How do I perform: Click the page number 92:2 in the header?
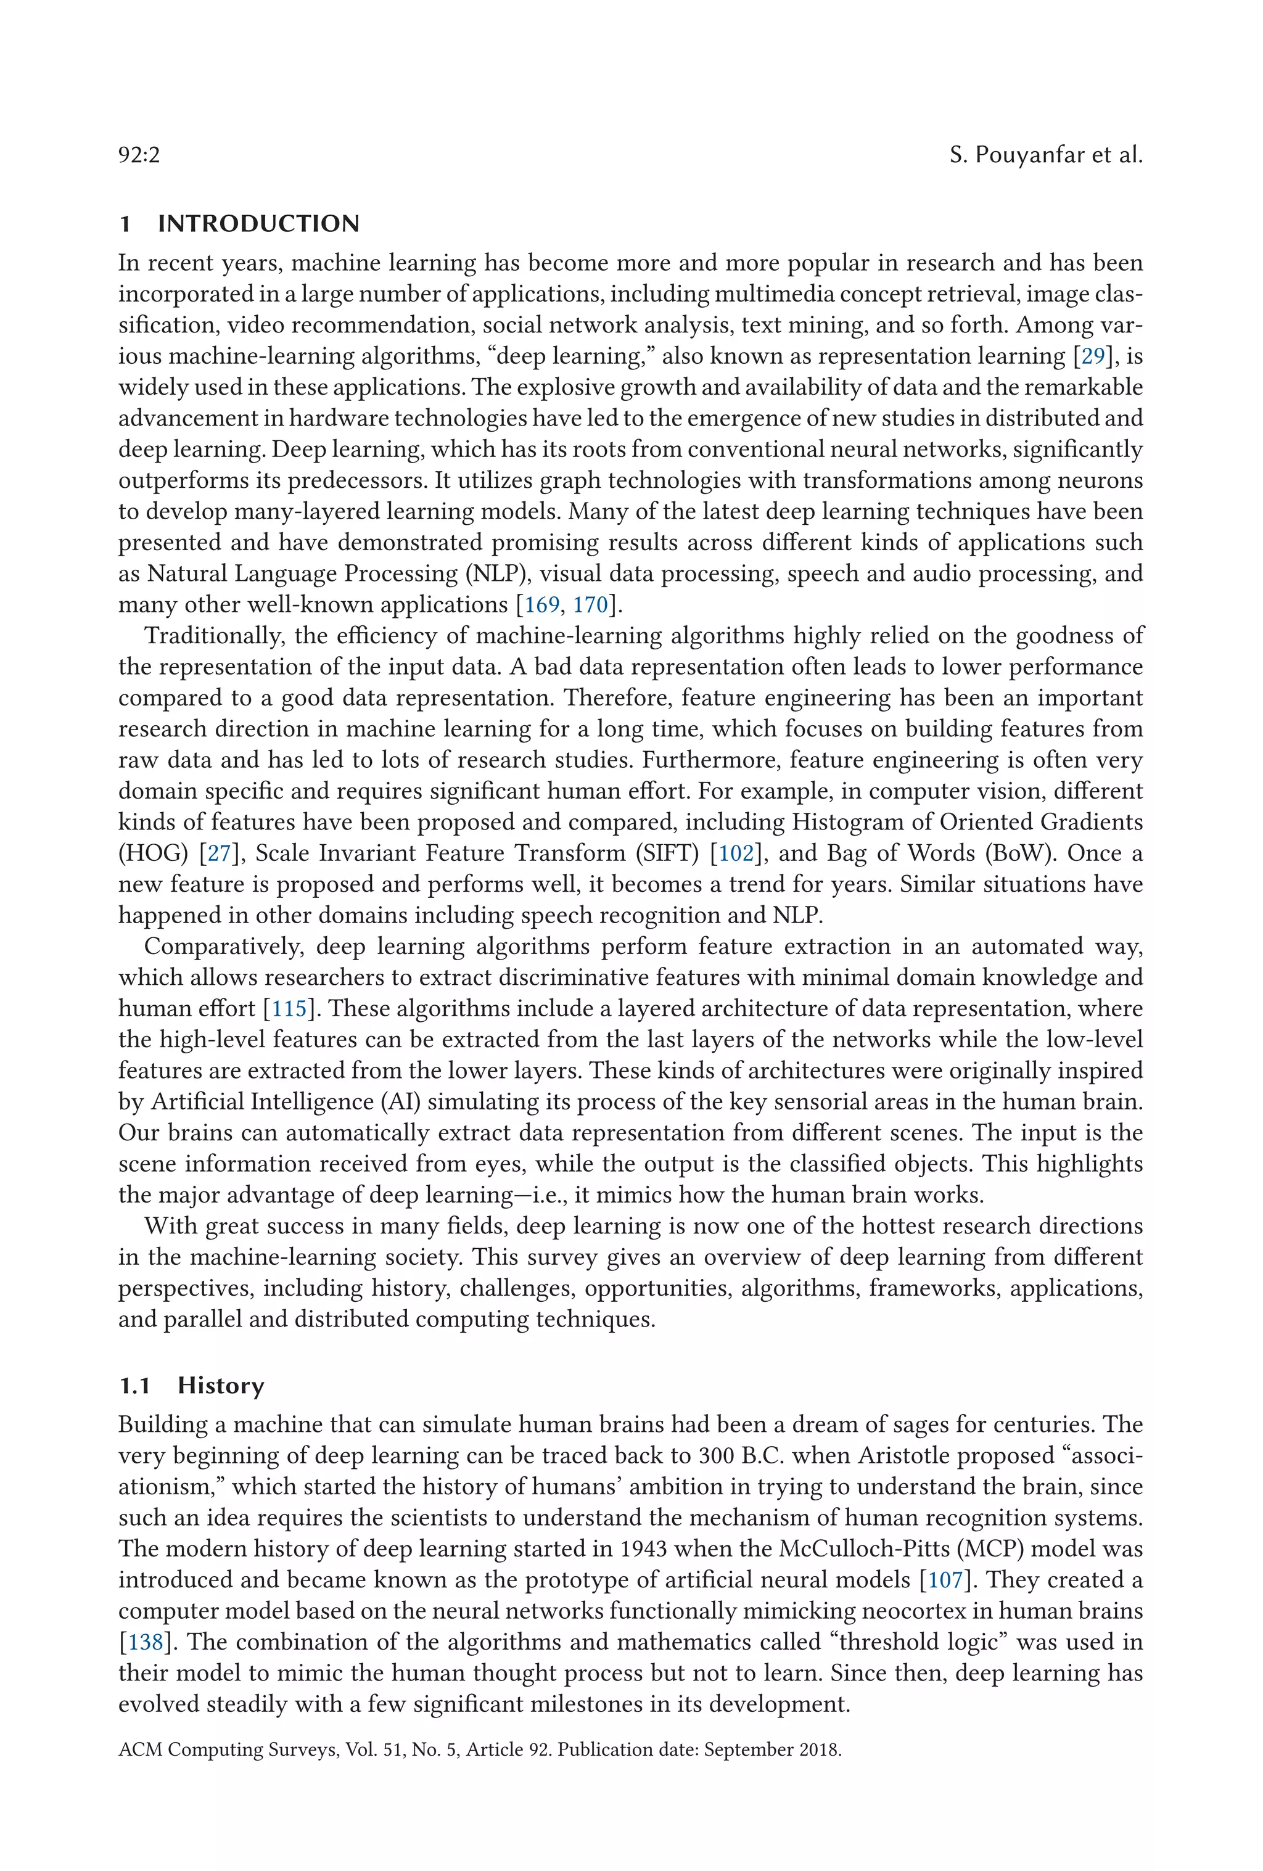pos(139,155)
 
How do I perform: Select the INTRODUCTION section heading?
pos(258,223)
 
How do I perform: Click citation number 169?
pos(541,604)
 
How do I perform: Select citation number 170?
pos(590,604)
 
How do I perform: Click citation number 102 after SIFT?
pos(736,853)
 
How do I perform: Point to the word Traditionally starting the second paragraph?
pos(215,635)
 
